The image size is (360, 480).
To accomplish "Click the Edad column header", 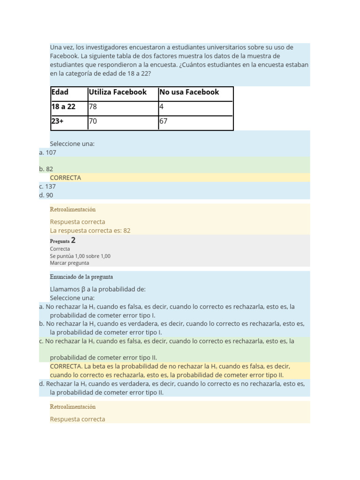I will pyautogui.click(x=60, y=92).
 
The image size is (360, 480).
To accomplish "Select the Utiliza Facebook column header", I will pyautogui.click(x=118, y=92).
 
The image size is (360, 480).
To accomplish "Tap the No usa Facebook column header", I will pyautogui.click(x=189, y=92).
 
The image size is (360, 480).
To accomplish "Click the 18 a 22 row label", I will pyautogui.click(x=63, y=107).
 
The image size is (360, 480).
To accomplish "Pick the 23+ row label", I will pyautogui.click(x=57, y=121).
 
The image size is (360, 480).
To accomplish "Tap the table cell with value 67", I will pyautogui.click(x=164, y=121).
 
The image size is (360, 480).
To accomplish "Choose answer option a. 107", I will pyautogui.click(x=48, y=152).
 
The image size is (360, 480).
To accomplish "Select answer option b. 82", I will pyautogui.click(x=46, y=169).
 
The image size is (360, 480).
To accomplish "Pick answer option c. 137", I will pyautogui.click(x=48, y=186).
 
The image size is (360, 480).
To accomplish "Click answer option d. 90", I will pyautogui.click(x=46, y=195).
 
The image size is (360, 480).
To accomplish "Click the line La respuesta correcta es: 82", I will pyautogui.click(x=90, y=231).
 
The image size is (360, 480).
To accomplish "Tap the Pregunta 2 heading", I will pyautogui.click(x=63, y=240).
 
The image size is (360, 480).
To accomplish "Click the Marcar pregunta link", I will pyautogui.click(x=69, y=263).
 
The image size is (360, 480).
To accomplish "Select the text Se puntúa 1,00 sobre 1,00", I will pyautogui.click(x=80, y=256).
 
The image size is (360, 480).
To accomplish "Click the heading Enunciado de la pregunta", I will pyautogui.click(x=81, y=277).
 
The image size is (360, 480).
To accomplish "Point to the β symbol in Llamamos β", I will pyautogui.click(x=83, y=289).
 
